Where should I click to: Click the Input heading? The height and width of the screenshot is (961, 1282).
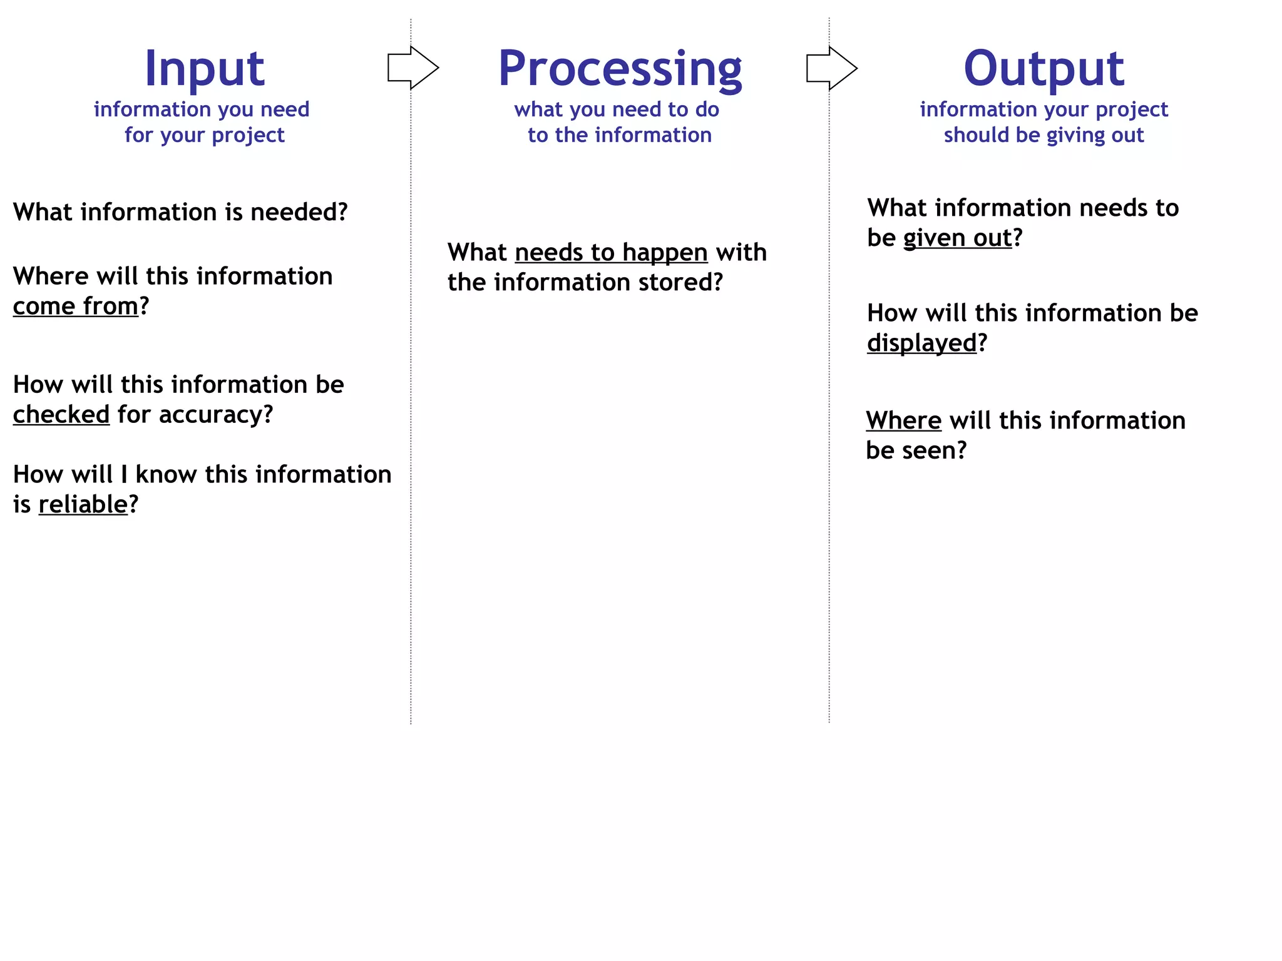click(204, 69)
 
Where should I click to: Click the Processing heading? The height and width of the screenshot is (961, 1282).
click(620, 69)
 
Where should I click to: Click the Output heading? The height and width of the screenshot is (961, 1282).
click(1044, 69)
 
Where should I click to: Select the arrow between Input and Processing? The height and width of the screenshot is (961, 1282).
click(413, 68)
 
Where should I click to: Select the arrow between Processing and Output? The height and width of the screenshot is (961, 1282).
click(831, 68)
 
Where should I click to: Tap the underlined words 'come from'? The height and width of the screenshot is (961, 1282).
click(75, 307)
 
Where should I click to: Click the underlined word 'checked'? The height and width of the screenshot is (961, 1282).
click(61, 415)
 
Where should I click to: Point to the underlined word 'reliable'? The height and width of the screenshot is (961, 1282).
click(83, 505)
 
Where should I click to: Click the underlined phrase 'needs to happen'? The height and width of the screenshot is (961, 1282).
click(611, 253)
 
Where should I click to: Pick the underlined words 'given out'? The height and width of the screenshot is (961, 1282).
click(957, 238)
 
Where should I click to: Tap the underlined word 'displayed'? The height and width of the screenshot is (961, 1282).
click(921, 343)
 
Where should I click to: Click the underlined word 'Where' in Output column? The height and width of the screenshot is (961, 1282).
click(903, 420)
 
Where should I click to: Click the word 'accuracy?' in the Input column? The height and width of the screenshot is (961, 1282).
click(216, 415)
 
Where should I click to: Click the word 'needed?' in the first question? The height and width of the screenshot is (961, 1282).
click(299, 213)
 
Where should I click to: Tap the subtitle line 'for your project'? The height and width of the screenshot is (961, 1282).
click(204, 135)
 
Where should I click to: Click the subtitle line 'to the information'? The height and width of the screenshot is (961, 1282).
click(620, 135)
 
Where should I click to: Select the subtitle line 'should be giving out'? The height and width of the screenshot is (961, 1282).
click(1044, 135)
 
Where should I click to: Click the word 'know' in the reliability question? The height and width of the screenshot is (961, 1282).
click(166, 475)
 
